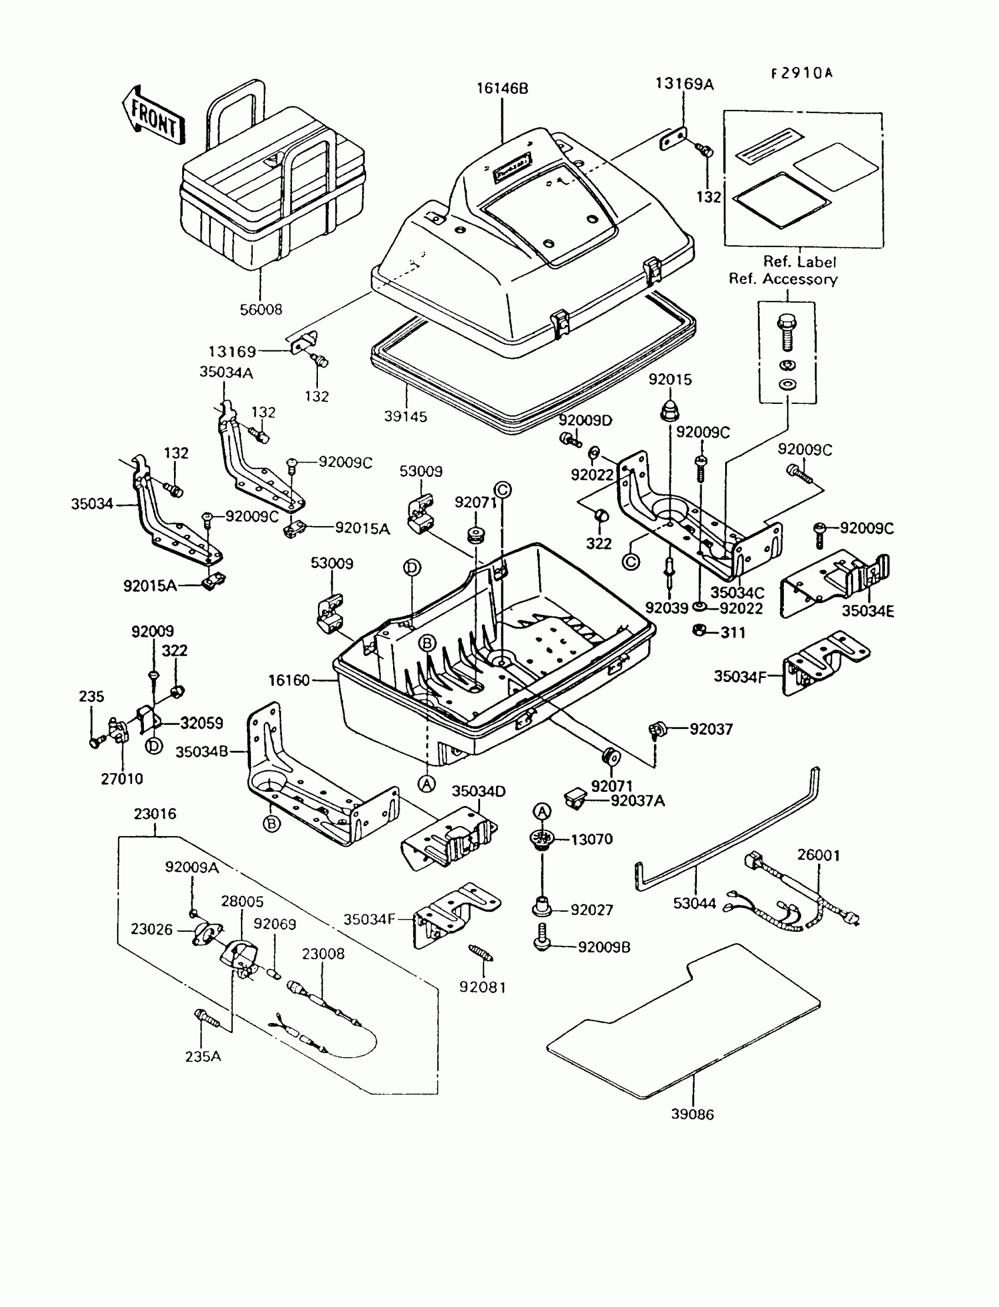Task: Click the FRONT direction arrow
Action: (x=153, y=115)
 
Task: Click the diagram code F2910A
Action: (x=802, y=73)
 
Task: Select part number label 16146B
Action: (x=502, y=89)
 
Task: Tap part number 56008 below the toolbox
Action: (x=260, y=309)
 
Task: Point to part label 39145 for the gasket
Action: (x=405, y=416)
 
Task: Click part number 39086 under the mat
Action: (x=693, y=1114)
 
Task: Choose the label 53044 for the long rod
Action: (x=695, y=903)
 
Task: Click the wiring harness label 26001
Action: (x=819, y=855)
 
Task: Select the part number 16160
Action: (x=289, y=680)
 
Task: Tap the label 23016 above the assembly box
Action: (x=155, y=814)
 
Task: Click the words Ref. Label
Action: (x=800, y=262)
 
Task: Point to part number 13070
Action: (x=592, y=840)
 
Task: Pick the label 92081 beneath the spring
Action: (x=482, y=987)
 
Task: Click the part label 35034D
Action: (x=479, y=791)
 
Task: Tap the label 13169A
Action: (x=685, y=84)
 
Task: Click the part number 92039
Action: (x=666, y=608)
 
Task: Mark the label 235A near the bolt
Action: (x=203, y=1057)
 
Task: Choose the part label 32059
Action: (x=202, y=723)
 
